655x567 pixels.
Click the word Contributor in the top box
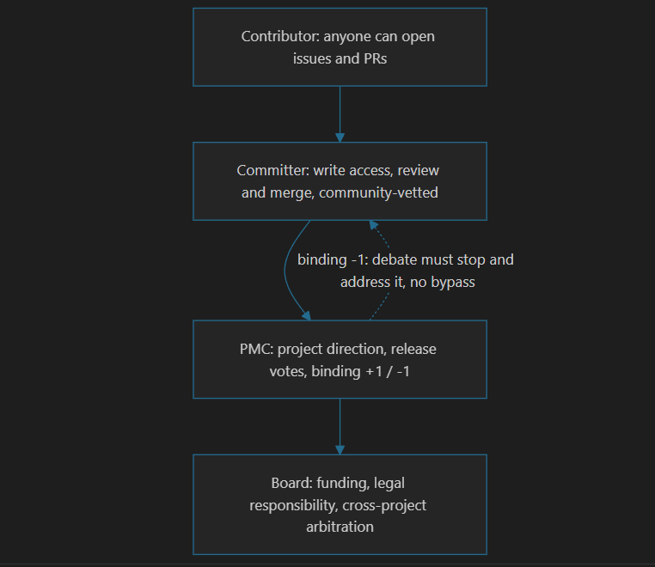coord(280,36)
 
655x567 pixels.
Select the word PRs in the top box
coord(375,58)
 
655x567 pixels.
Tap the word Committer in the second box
coord(272,170)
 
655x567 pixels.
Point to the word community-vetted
coord(378,192)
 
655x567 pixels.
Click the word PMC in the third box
coord(256,349)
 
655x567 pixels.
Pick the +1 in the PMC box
coord(374,371)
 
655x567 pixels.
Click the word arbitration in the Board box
coord(340,527)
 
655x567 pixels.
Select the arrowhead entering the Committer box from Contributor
coord(340,137)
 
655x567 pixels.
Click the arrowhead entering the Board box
coord(340,449)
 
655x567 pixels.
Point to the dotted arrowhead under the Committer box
coord(373,225)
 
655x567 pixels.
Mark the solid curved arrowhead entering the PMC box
coord(307,316)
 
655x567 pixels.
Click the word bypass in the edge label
coord(453,283)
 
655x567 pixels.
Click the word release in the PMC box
coord(413,349)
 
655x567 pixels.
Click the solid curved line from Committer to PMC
coord(285,271)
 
